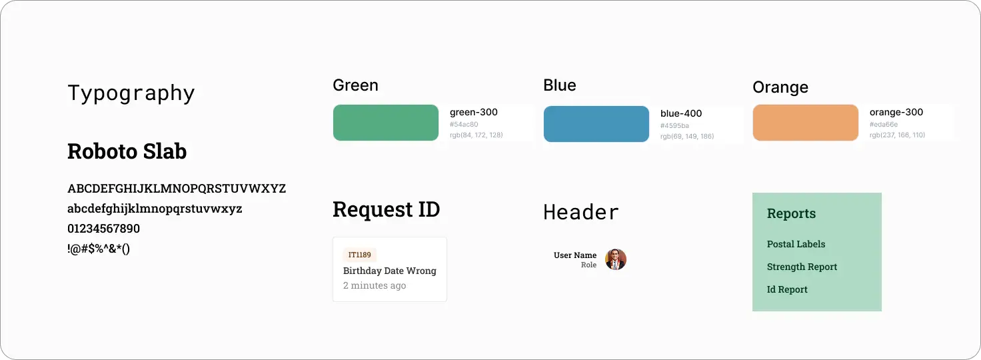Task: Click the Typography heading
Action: coord(131,93)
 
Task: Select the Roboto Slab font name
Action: coord(127,151)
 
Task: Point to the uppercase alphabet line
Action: coord(177,188)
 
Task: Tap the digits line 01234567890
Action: coord(104,229)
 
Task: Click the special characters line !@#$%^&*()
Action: coord(99,249)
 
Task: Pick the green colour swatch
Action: coord(385,123)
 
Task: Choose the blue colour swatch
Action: coord(596,124)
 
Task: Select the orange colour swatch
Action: coord(805,123)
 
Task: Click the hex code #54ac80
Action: coord(464,125)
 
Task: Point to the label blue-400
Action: coord(681,113)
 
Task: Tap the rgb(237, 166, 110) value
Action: coord(897,135)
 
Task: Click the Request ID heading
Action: coord(387,209)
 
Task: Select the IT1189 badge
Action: coord(360,255)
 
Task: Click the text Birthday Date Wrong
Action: coord(390,271)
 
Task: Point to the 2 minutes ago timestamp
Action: coord(375,285)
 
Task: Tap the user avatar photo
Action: coord(616,259)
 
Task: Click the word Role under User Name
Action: coord(588,265)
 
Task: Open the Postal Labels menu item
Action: coord(796,244)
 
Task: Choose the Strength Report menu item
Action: coord(802,267)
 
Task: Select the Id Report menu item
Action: coord(787,289)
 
